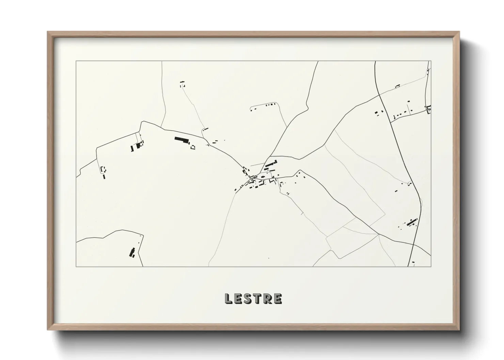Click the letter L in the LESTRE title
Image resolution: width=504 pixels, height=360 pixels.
click(228, 299)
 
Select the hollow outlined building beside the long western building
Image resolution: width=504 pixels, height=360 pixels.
click(193, 147)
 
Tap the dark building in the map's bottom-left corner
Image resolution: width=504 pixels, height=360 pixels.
click(131, 252)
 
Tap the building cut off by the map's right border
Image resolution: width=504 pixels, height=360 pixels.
click(428, 110)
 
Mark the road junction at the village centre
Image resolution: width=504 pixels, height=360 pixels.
click(254, 177)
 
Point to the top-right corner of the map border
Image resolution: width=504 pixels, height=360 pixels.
click(431, 61)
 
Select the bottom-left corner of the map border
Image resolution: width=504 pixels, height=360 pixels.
click(76, 266)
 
